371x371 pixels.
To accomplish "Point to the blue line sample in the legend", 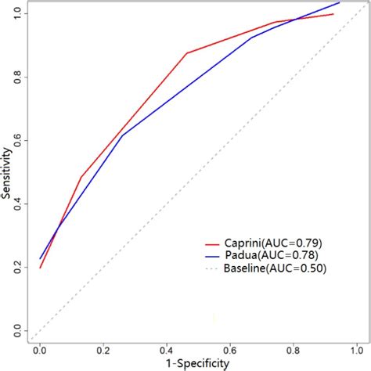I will (211, 255).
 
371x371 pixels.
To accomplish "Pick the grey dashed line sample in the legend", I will (211, 268).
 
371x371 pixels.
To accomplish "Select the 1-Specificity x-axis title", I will (197, 363).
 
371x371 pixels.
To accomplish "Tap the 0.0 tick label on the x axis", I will (40, 349).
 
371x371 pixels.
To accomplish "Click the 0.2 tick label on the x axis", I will (103, 349).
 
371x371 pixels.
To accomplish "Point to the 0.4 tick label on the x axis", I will (167, 349).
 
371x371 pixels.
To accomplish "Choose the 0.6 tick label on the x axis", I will (230, 349).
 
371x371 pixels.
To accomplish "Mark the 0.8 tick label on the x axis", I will (294, 349).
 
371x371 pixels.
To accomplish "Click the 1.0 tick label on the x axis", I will (356, 349).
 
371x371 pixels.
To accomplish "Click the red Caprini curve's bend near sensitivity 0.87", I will (186, 53).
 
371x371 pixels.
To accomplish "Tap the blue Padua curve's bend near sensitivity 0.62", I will (122, 135).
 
